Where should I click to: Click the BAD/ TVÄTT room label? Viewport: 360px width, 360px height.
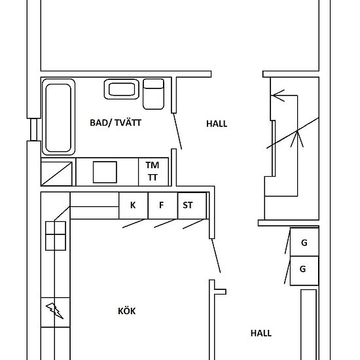(115, 123)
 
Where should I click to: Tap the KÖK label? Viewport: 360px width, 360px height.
(127, 311)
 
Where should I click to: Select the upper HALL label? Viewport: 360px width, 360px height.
(217, 124)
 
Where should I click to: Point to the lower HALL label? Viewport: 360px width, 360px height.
(261, 333)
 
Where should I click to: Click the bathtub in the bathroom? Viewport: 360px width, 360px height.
(58, 117)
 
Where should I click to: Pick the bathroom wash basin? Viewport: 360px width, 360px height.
(122, 89)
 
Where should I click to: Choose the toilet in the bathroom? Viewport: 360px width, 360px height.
(153, 94)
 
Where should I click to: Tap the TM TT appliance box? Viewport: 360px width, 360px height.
(153, 171)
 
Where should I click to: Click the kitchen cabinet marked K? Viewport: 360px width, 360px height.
(134, 206)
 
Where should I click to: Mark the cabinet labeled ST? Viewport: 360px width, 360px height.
(192, 206)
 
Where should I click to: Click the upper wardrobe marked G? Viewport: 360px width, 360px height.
(304, 242)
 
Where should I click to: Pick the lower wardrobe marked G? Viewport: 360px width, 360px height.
(304, 271)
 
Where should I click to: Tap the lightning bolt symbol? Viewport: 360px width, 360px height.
(54, 311)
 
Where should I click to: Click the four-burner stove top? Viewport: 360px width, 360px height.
(56, 236)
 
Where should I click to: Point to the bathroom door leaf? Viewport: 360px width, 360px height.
(177, 132)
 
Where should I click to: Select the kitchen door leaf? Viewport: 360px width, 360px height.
(216, 256)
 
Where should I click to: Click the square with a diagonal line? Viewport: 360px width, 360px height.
(56, 173)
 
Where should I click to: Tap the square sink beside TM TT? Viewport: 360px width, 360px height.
(105, 172)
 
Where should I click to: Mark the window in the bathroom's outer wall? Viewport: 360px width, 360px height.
(34, 130)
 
